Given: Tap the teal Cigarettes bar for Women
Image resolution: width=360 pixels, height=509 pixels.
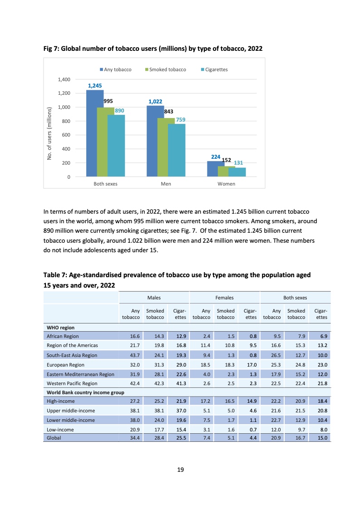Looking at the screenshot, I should (237, 172).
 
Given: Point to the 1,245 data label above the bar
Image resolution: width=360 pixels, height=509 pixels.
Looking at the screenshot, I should (95, 85).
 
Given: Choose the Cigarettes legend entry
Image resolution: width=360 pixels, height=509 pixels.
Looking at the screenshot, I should (214, 69).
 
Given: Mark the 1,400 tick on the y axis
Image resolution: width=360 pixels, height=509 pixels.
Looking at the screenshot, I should (64, 79).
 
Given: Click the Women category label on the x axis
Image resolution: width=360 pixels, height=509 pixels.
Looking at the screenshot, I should (226, 184).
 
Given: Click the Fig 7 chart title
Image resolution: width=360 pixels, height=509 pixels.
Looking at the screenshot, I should (153, 48).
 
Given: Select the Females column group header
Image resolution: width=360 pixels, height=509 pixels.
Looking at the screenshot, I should (224, 298).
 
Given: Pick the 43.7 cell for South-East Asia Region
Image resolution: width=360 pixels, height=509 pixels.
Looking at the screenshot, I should (134, 355).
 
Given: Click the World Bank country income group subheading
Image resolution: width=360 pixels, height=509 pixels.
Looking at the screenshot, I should (85, 392).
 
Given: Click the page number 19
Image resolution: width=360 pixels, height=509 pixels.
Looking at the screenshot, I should (180, 470).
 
